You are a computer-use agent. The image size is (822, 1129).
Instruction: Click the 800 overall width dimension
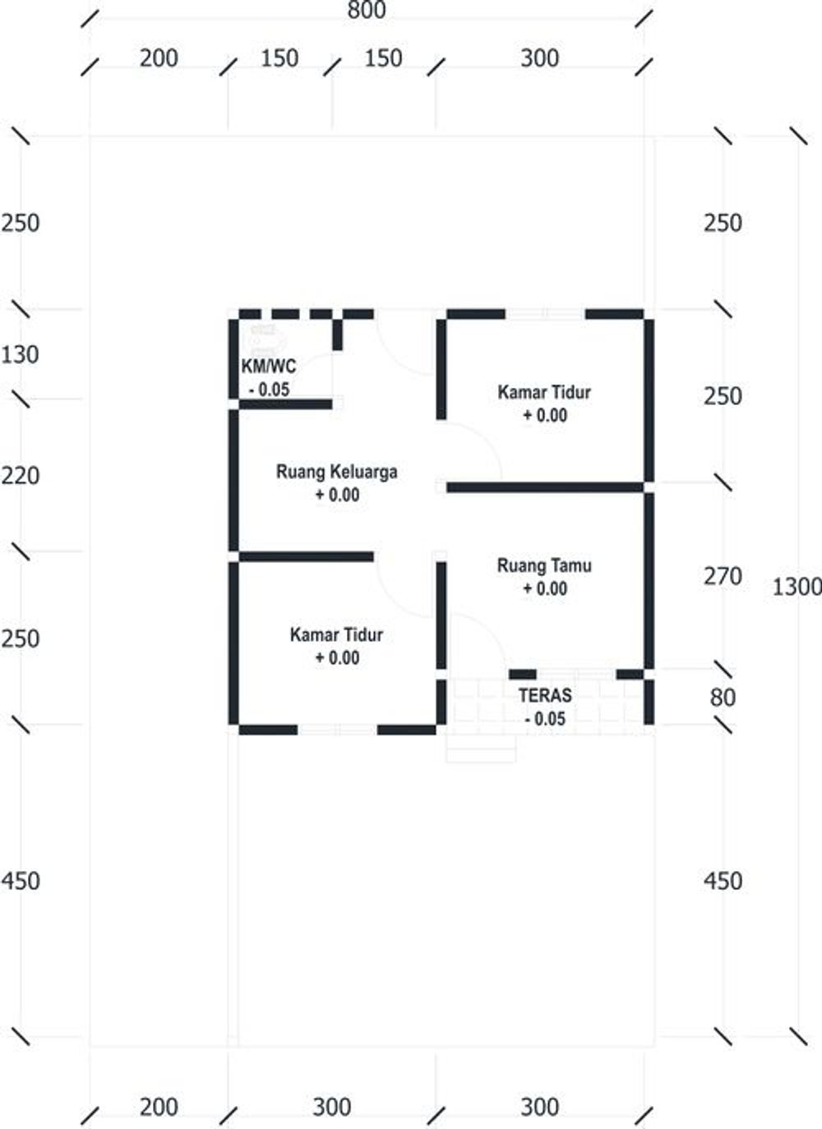366,11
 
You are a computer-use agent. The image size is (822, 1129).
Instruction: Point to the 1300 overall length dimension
796,587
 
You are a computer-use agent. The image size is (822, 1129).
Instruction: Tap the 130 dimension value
21,355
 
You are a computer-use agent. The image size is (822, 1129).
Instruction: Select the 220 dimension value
21,476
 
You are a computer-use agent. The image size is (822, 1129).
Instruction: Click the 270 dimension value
722,577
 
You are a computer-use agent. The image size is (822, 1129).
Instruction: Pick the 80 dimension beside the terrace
722,698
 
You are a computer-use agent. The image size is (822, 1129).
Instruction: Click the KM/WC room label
268,366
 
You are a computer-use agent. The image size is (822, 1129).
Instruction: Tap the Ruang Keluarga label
336,472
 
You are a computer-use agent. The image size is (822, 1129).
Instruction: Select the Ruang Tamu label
544,565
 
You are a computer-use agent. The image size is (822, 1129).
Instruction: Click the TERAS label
544,695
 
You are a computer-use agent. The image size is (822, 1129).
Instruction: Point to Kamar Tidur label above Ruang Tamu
544,392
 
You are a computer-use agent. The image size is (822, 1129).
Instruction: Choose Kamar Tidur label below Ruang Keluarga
336,634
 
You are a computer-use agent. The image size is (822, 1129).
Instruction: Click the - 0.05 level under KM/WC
270,389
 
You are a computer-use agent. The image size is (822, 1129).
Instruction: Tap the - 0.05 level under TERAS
545,719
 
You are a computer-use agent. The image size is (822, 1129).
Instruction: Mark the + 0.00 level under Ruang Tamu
545,588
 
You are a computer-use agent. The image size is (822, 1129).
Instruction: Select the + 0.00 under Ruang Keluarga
337,495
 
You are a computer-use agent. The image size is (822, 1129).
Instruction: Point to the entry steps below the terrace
481,749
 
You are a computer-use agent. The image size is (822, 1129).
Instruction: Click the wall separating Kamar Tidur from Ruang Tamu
544,487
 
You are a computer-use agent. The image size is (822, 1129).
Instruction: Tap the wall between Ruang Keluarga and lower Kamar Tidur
306,557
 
